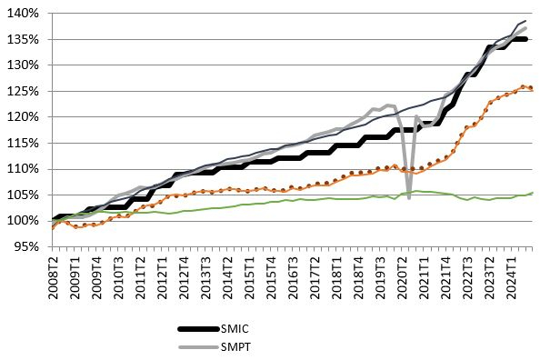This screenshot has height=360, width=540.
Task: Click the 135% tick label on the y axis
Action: (x=23, y=39)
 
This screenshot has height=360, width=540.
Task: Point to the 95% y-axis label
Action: (x=25, y=246)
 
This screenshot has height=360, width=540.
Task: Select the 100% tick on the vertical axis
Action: (x=23, y=221)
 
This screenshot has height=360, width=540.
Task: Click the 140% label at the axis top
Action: (x=23, y=14)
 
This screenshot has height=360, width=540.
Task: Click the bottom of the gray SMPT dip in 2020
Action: (x=409, y=197)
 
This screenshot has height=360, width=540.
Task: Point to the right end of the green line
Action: (x=531, y=193)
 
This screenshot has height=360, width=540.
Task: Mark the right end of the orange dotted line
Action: (x=531, y=88)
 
